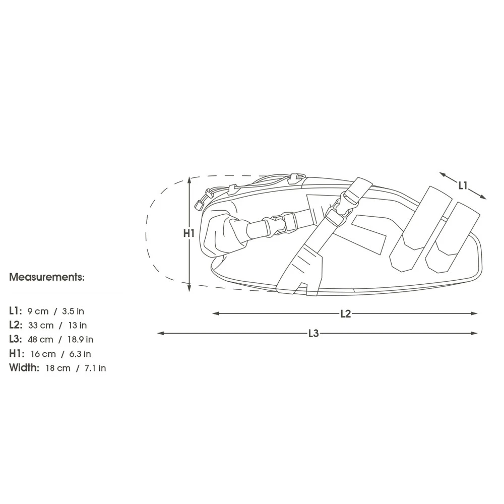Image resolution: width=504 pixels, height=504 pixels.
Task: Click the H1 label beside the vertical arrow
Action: [189, 233]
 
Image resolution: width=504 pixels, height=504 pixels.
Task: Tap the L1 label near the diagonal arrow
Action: [463, 185]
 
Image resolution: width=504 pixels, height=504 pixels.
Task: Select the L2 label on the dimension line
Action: [346, 313]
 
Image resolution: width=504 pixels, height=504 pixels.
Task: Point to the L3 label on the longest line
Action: [313, 333]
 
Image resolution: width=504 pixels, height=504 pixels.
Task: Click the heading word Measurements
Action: [47, 277]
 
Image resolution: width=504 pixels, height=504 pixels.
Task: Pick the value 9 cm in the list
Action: [38, 311]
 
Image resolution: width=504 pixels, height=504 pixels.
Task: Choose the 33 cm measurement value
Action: [41, 325]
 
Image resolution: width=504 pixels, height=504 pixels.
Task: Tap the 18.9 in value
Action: [80, 339]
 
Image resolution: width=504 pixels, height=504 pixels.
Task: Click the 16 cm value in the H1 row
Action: [43, 354]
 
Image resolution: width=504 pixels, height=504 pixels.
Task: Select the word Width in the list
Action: [24, 367]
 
